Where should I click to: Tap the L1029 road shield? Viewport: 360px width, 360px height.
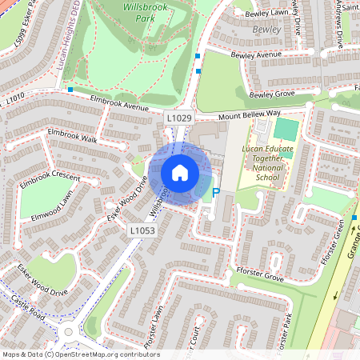point(179,118)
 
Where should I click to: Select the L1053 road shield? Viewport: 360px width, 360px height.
point(143,231)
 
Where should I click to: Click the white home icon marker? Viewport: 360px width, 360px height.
point(180,173)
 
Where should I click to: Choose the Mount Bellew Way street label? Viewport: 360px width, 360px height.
point(252,115)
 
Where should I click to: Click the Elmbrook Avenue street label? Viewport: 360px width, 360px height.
point(120,103)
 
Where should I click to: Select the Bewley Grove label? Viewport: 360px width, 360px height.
point(272,94)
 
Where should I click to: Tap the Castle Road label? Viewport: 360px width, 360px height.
point(28,308)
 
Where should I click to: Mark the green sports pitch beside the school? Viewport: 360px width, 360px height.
point(286,129)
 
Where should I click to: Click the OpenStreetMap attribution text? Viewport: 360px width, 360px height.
point(80,354)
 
